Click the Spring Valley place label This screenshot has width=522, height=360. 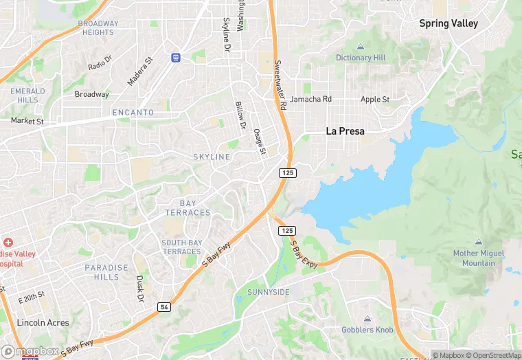(x=449, y=23)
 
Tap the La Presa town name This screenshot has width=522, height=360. (x=345, y=131)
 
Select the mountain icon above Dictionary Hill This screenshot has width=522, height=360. (x=361, y=47)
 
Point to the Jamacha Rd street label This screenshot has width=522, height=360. (x=310, y=99)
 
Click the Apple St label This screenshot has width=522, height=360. (x=375, y=99)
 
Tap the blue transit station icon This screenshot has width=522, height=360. (x=177, y=56)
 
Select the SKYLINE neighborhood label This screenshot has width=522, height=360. (x=212, y=157)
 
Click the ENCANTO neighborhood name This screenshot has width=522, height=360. (x=133, y=112)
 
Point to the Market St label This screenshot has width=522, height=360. (x=27, y=121)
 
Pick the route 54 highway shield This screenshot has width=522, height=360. (x=163, y=306)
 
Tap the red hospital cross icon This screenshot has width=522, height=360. (x=8, y=243)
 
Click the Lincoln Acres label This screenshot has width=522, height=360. (x=43, y=322)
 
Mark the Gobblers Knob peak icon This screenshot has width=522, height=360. (x=367, y=319)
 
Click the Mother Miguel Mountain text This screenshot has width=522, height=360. (x=479, y=258)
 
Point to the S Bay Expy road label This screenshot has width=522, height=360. (x=304, y=254)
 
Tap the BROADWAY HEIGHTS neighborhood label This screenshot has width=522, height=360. (x=98, y=28)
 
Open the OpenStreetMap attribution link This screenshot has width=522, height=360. (x=493, y=355)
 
